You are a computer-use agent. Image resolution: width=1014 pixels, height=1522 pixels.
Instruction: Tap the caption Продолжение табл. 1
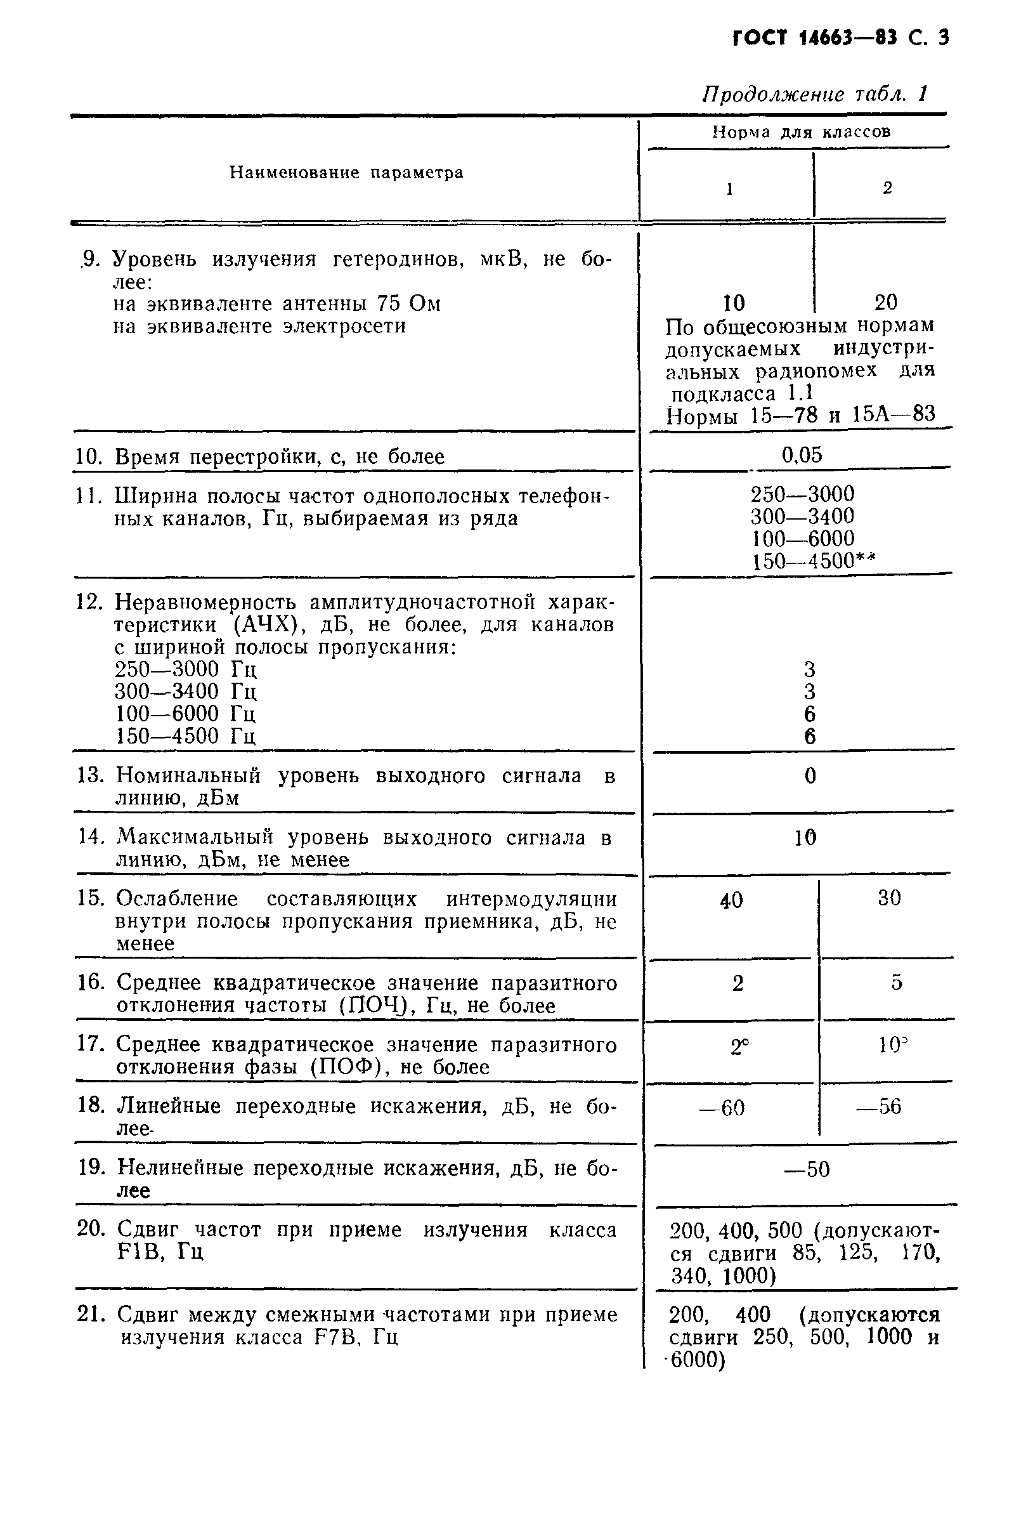[815, 95]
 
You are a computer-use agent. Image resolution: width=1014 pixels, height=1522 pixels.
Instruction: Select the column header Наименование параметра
[347, 173]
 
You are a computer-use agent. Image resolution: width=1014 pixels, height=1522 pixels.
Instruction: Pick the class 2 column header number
[887, 188]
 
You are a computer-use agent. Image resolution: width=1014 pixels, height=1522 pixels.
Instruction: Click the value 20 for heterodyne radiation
[886, 302]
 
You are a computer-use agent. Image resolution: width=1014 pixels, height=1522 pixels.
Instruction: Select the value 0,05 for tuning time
[802, 455]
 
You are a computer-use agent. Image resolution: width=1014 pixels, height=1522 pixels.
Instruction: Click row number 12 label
[89, 602]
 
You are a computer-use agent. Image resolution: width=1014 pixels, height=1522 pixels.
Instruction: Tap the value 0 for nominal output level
[810, 775]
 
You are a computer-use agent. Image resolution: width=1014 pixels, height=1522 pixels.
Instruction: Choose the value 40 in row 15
[731, 900]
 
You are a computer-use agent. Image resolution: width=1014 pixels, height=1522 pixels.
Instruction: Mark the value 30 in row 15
[889, 898]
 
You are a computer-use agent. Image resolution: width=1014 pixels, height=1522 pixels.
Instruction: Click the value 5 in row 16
[896, 983]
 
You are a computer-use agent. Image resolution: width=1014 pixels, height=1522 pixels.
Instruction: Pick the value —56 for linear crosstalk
[879, 1106]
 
